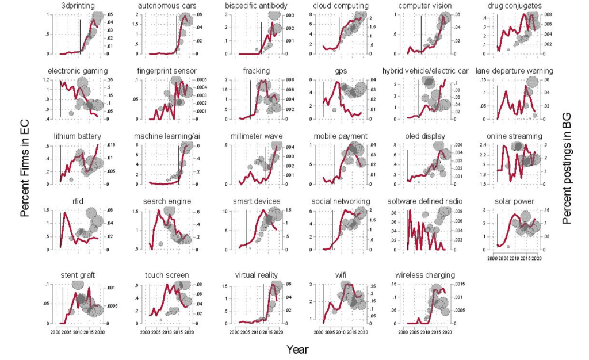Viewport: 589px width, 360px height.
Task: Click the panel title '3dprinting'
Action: [78, 6]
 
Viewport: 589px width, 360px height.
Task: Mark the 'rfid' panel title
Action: [78, 201]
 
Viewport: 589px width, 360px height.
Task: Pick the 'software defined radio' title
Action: [426, 201]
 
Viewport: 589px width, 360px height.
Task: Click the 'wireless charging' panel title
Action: [426, 275]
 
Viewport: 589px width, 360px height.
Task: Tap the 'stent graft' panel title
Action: [78, 275]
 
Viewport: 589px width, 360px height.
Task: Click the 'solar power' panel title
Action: [513, 201]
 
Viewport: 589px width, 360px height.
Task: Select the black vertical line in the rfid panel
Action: [60, 230]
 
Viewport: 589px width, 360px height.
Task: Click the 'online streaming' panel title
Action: [513, 136]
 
